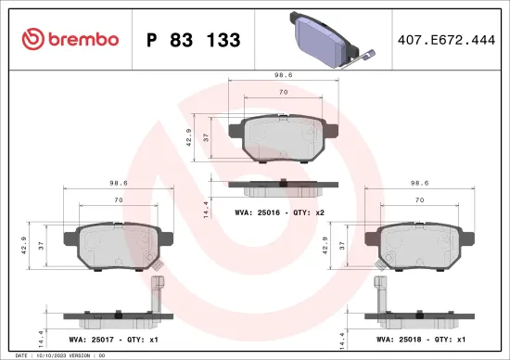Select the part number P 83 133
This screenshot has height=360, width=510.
coord(194,40)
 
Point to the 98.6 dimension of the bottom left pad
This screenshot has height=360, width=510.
coord(118,184)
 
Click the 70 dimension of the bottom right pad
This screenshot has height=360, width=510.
coord(419,200)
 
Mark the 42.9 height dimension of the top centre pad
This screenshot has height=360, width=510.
coord(188,137)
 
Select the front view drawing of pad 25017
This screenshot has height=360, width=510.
coord(119,246)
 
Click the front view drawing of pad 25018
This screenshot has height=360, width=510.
coord(419,246)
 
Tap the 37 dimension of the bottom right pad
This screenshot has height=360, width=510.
coord(343,244)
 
